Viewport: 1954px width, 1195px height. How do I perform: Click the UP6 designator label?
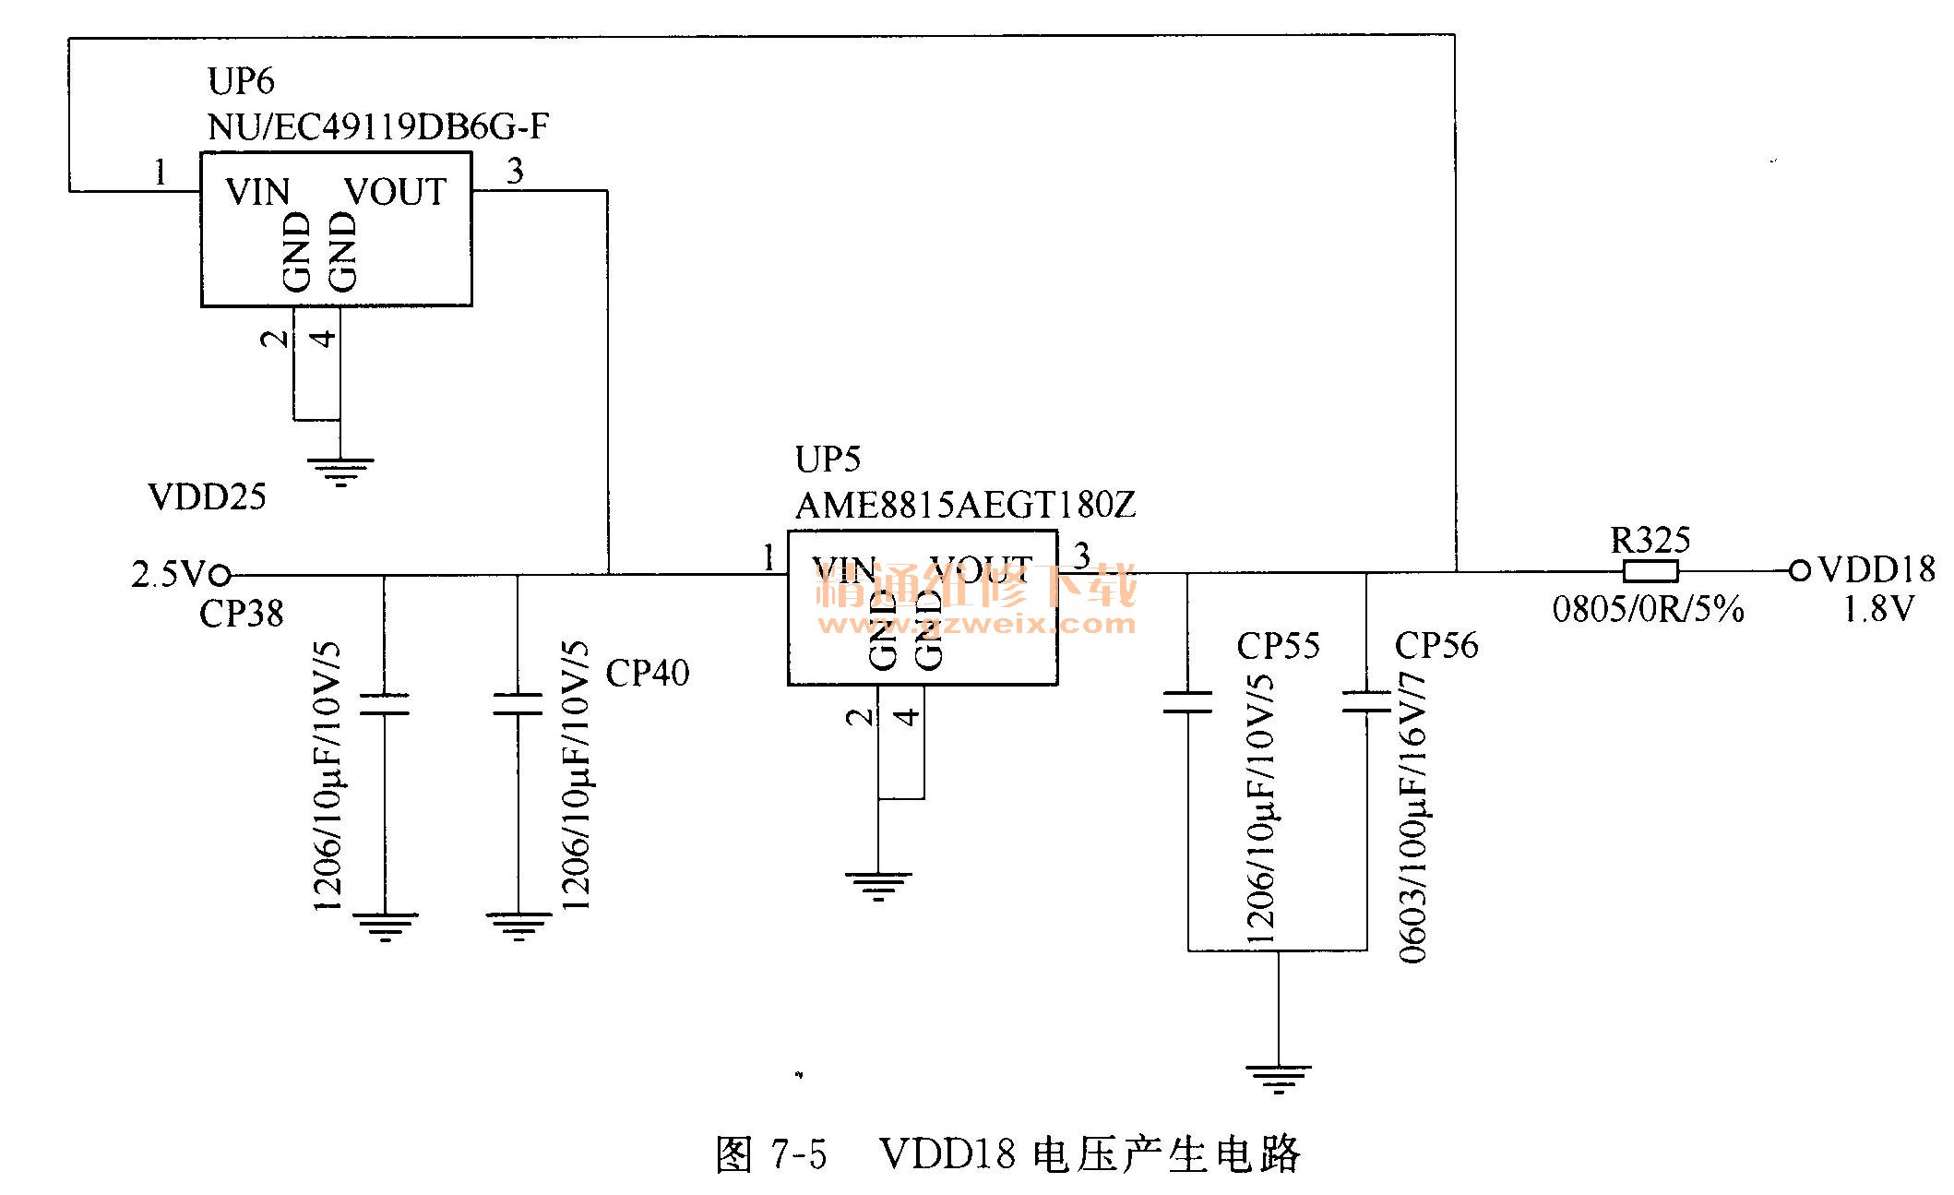click(241, 81)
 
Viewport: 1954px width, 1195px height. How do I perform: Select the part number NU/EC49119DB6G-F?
click(378, 126)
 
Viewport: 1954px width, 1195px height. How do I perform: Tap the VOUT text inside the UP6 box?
click(395, 192)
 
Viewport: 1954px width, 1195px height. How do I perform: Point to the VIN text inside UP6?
click(257, 192)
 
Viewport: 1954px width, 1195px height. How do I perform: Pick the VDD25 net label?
click(207, 497)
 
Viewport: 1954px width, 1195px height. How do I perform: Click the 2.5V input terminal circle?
click(220, 575)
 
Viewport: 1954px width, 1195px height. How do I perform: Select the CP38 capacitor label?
click(241, 614)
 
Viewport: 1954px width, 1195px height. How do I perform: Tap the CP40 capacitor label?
click(647, 674)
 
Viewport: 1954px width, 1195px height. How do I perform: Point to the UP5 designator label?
click(828, 459)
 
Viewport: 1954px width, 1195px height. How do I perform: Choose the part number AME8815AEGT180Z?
click(965, 505)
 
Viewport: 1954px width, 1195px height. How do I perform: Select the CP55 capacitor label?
click(1278, 646)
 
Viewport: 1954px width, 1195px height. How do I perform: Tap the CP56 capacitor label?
click(1436, 646)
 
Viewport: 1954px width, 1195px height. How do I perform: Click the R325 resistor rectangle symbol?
click(1650, 571)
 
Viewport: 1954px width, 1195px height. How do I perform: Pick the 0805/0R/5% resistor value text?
click(1648, 609)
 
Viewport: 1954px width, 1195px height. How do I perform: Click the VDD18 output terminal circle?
click(1800, 571)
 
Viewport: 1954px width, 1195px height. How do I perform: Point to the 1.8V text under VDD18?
click(1877, 609)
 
